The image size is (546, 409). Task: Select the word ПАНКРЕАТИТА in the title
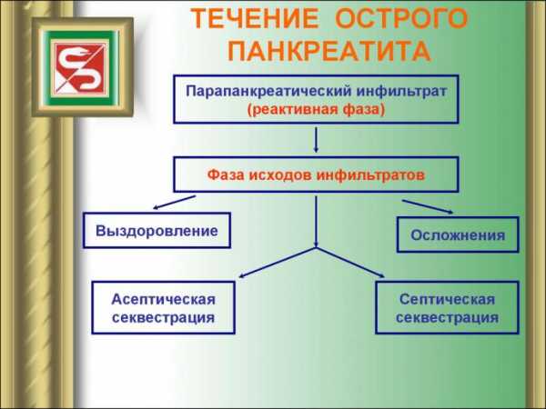click(x=329, y=52)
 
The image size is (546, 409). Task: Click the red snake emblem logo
click(x=81, y=67)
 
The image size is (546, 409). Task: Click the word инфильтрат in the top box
click(x=401, y=92)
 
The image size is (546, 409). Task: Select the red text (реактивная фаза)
click(x=316, y=110)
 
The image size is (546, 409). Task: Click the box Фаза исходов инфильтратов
click(x=316, y=175)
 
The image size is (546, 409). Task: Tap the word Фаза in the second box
click(x=226, y=175)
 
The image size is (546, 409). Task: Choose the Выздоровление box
click(x=157, y=230)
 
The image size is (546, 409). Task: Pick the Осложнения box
click(x=458, y=234)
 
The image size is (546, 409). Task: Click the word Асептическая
click(x=163, y=299)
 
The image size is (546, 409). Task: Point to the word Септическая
click(x=447, y=299)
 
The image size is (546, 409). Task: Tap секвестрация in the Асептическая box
click(x=163, y=317)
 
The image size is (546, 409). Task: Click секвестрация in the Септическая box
click(x=447, y=317)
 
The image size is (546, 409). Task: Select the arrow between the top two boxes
click(x=316, y=139)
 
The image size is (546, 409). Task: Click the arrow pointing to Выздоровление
click(x=174, y=203)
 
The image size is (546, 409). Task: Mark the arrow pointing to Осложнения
click(x=428, y=206)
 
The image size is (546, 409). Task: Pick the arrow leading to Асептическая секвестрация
click(x=278, y=263)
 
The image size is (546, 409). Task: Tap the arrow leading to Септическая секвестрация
click(x=350, y=263)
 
